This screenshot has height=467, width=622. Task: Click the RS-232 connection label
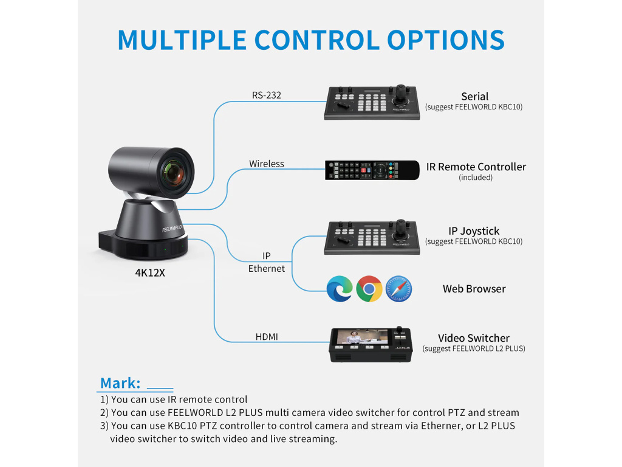(x=267, y=95)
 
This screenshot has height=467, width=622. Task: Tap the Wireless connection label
(x=267, y=164)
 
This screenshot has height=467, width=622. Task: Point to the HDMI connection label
(x=267, y=336)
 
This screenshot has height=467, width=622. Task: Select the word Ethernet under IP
(x=267, y=268)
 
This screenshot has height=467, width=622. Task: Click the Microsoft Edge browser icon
(x=340, y=289)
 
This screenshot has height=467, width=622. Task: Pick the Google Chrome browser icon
(x=369, y=289)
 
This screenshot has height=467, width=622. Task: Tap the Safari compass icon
(x=398, y=289)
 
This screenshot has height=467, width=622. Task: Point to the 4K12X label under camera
(x=150, y=273)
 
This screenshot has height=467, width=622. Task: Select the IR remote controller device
(x=372, y=170)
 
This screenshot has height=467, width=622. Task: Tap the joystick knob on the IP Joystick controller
(x=401, y=226)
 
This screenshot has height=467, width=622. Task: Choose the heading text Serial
(x=474, y=96)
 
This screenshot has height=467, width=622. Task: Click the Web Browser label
(x=474, y=289)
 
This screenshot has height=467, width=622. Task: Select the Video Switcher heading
(x=474, y=338)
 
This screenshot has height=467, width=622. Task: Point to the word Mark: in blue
(x=120, y=383)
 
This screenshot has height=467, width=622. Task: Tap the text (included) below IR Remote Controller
(x=476, y=178)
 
